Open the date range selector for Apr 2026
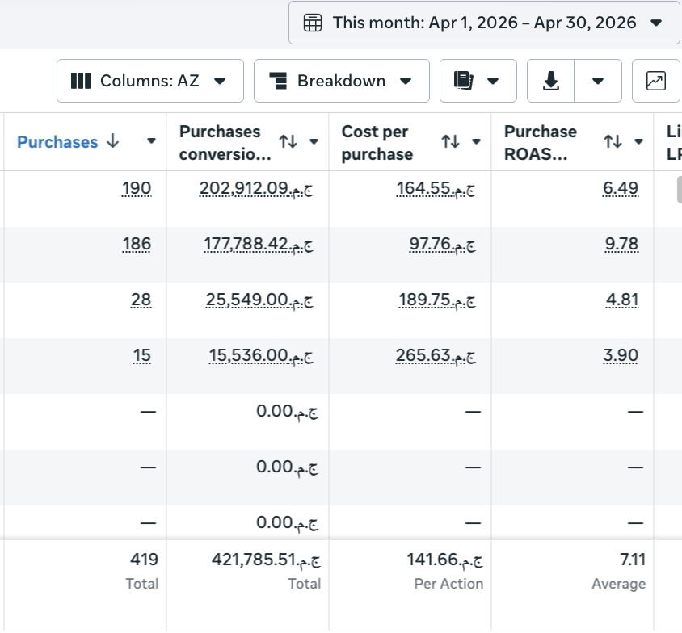point(484,23)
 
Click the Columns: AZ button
point(150,81)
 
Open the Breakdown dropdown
point(342,81)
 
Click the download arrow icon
point(550,81)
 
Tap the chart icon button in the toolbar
point(656,81)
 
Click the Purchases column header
point(57,141)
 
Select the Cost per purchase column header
point(377,142)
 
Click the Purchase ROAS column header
point(541,142)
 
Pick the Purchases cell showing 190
point(137,188)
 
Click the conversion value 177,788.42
point(259,244)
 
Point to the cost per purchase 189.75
point(437,300)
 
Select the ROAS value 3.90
point(621,355)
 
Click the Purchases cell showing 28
point(141,300)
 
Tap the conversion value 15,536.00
point(261,355)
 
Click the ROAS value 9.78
point(621,244)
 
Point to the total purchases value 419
point(144,560)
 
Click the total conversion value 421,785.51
point(266,560)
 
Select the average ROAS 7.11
point(633,560)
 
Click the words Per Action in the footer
point(448,584)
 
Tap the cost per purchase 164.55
point(436,189)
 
